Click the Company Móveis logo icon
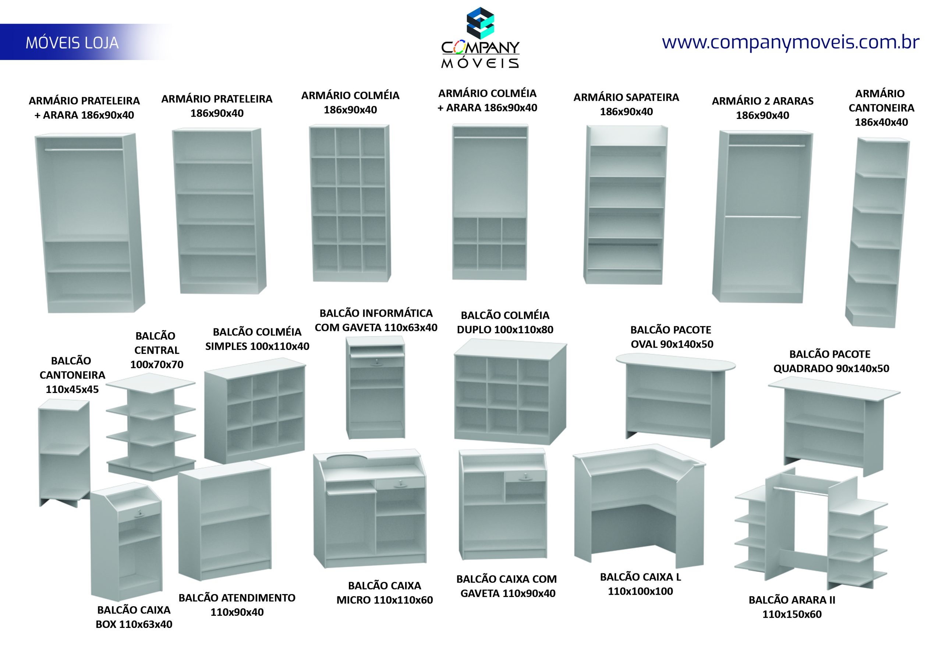480,24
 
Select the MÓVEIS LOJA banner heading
72,43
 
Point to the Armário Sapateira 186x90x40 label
626,104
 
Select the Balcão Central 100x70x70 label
156,350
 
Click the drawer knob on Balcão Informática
377,362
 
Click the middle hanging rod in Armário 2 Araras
763,217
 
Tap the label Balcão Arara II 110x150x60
792,607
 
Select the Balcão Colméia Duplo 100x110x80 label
505,322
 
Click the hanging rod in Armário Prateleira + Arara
84,149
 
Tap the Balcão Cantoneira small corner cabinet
64,453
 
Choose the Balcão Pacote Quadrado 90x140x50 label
831,361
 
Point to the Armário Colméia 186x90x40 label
350,102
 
